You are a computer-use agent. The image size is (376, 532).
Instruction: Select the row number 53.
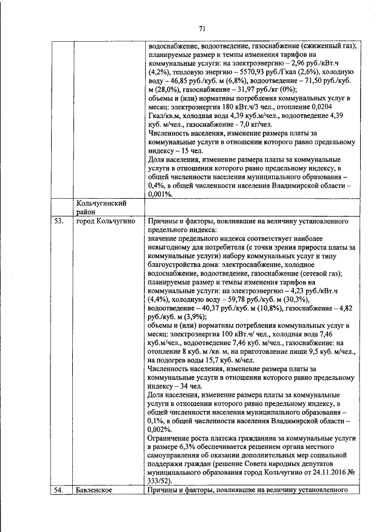coord(57,221)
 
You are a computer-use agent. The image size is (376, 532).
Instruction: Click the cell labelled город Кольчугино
coord(106,221)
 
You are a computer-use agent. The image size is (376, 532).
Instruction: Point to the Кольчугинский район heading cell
coord(102,207)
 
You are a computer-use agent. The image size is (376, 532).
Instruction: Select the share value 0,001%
coord(161,194)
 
